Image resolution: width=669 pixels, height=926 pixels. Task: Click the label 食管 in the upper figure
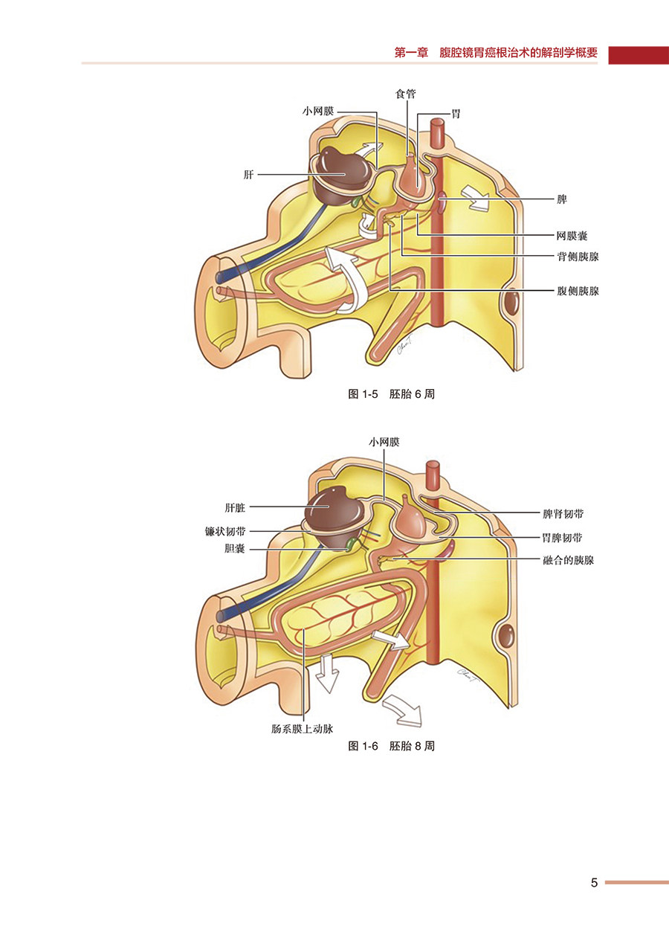405,94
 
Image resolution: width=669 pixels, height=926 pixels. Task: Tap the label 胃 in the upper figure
456,115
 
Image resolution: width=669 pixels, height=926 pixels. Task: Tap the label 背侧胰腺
578,256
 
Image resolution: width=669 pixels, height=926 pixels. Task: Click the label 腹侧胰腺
578,291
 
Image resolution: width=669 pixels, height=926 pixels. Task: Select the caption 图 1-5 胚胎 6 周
391,394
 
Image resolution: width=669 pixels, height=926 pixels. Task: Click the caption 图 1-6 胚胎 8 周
391,745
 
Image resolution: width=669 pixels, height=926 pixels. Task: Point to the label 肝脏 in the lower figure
235,508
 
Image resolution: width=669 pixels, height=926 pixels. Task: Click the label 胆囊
235,549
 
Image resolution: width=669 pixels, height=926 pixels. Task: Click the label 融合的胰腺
568,560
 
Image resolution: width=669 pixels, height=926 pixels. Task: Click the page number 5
594,883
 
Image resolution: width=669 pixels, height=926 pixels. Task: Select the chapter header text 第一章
411,54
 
